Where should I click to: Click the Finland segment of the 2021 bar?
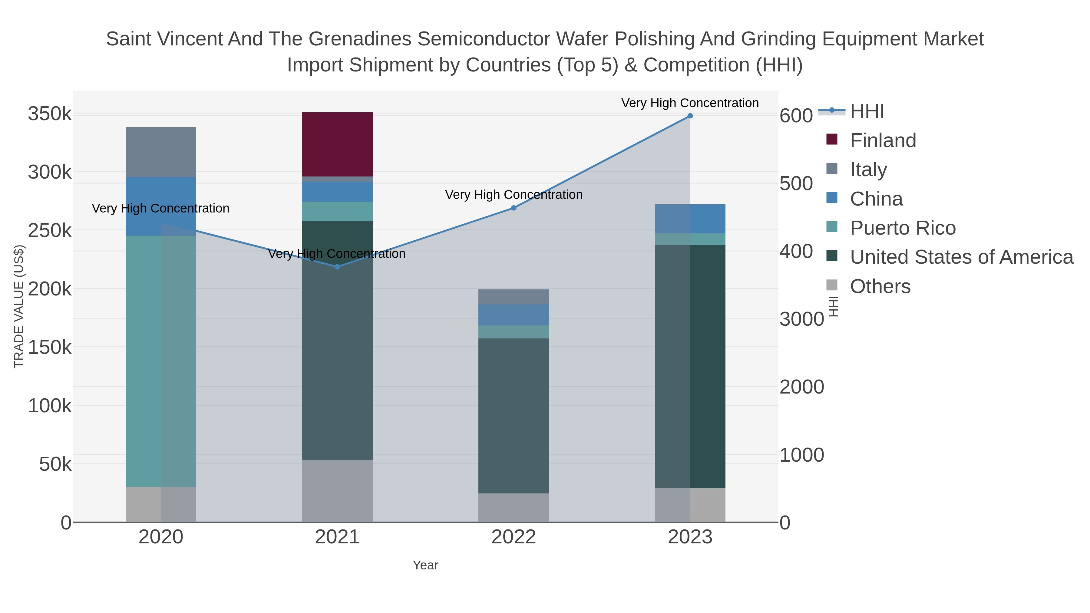[337, 144]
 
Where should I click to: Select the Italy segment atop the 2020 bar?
[161, 152]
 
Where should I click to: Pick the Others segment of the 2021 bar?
[337, 491]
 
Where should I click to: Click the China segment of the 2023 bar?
[690, 219]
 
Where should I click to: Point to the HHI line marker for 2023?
[690, 116]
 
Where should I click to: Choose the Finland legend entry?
[883, 140]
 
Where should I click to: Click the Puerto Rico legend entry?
[903, 228]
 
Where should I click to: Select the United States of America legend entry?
[961, 257]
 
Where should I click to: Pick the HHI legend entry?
[867, 111]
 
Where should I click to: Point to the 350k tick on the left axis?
[50, 114]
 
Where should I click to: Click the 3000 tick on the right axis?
[801, 319]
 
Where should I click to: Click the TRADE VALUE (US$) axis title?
[19, 306]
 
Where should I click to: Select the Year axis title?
[425, 565]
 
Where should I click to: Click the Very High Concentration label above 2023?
[690, 103]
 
